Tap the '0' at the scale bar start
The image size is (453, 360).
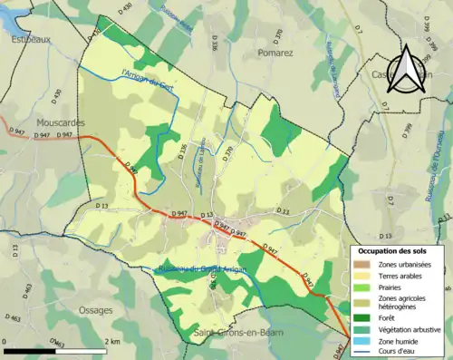(5, 340)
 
